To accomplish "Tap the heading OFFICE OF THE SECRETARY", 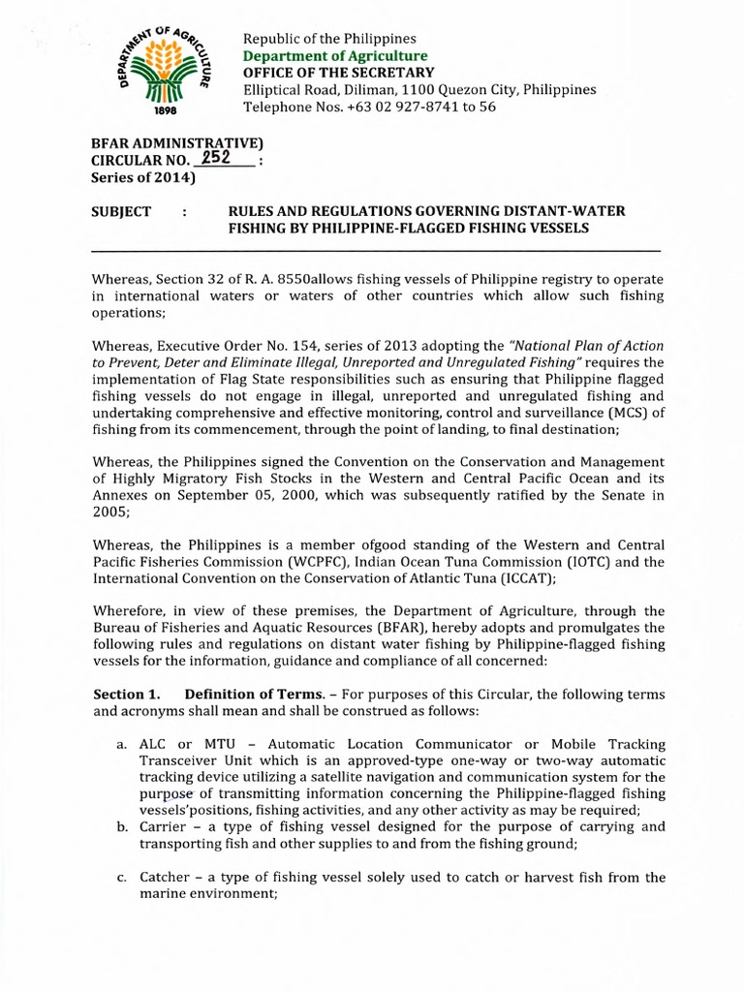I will (x=338, y=73).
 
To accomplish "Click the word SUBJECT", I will (x=121, y=211).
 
